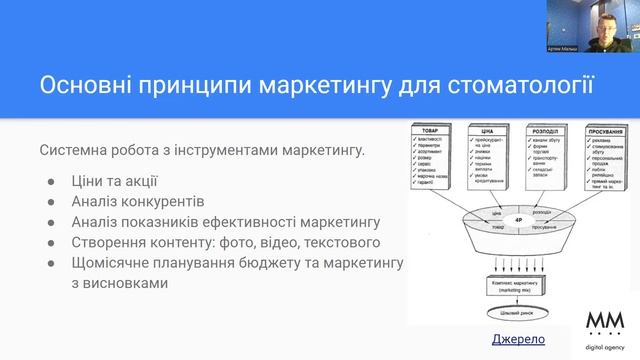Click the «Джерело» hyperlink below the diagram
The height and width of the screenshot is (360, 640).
pos(519,340)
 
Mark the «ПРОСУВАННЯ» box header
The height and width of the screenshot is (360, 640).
pos(604,131)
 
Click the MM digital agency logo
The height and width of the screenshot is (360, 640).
pos(606,327)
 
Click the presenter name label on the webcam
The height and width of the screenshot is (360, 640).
pos(565,47)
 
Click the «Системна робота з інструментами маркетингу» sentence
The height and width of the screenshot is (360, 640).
pos(202,151)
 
